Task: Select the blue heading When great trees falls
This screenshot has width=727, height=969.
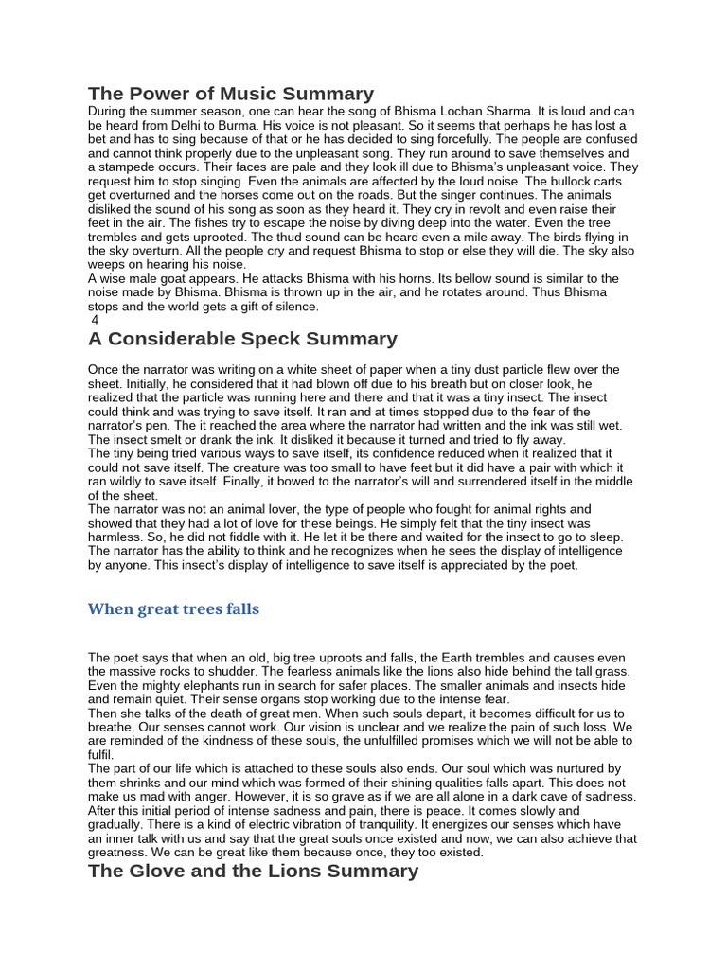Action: coord(173,608)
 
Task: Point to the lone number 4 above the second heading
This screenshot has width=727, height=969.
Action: coord(95,320)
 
